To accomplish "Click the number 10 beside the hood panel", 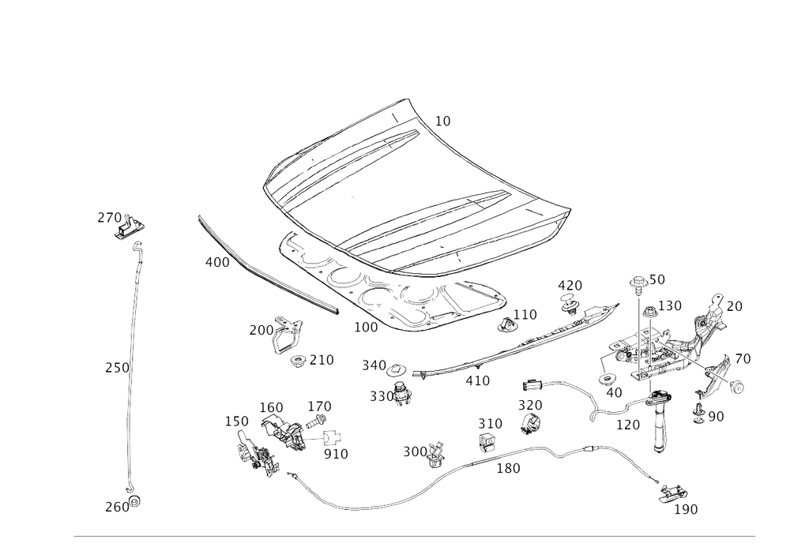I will pyautogui.click(x=443, y=121).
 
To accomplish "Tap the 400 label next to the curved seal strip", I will pyautogui.click(x=216, y=262).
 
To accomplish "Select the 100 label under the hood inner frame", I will pyautogui.click(x=364, y=326).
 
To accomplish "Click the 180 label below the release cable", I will pyautogui.click(x=507, y=469).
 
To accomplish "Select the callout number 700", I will pyautogui.click(x=259, y=328).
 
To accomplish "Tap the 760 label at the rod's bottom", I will pyautogui.click(x=116, y=507).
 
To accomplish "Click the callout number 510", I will pyautogui.click(x=336, y=454).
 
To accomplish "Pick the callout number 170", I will pyautogui.click(x=629, y=424).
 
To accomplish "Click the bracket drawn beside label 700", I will pyautogui.click(x=286, y=337).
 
